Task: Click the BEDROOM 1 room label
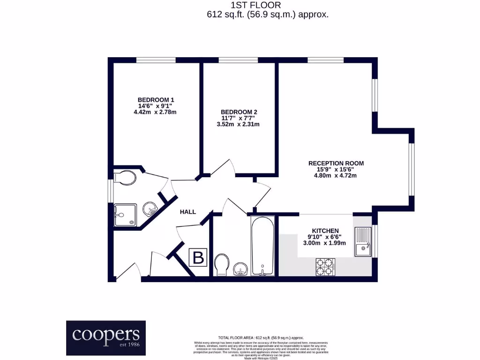pos(156,100)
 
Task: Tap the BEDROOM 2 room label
pos(239,112)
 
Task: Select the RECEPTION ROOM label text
pos(336,163)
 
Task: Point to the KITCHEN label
pos(325,231)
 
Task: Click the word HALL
pos(187,212)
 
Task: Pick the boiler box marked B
pos(198,257)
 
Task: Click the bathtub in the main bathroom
pos(262,246)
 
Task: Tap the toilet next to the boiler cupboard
pos(221,265)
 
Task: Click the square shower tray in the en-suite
pos(125,215)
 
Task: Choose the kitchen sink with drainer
pos(363,242)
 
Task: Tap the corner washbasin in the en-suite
pos(150,208)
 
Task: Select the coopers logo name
pos(105,334)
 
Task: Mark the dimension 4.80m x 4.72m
pos(336,176)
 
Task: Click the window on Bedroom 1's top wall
pos(156,60)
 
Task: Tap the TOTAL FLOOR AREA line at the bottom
pos(261,337)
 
